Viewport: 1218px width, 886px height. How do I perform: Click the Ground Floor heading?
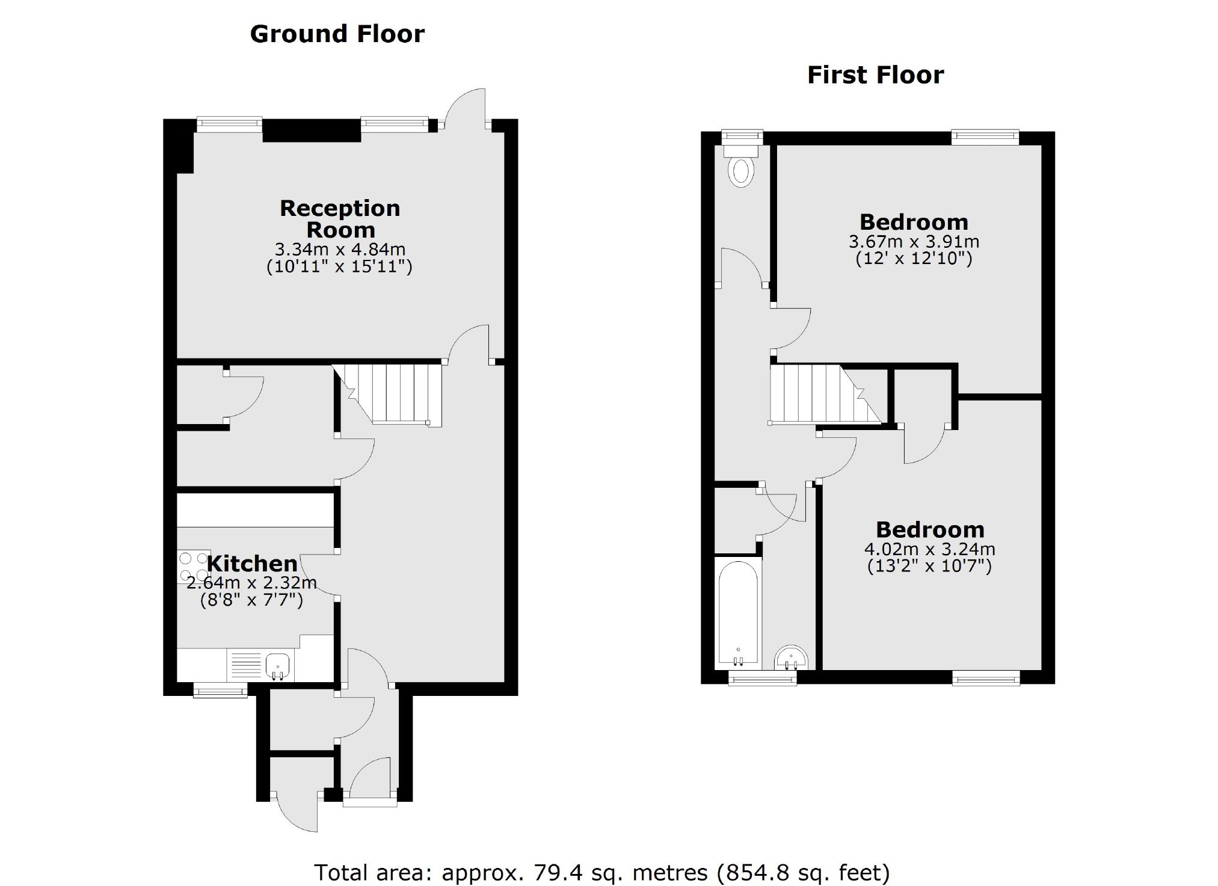(337, 34)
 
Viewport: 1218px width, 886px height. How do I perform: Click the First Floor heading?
(875, 76)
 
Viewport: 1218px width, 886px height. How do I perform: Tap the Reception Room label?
(340, 219)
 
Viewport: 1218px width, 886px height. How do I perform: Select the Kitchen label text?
(253, 564)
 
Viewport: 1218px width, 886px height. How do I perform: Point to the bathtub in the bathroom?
(738, 614)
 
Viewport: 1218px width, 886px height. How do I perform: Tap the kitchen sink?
(278, 665)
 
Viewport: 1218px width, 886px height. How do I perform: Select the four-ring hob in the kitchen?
(194, 566)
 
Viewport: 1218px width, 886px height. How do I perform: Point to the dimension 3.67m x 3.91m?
(914, 242)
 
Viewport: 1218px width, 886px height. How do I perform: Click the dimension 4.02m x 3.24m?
(929, 549)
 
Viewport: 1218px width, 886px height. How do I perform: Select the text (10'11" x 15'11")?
(340, 266)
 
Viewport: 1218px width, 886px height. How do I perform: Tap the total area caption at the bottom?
(601, 872)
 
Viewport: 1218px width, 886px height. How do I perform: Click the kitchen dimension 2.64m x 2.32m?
(251, 583)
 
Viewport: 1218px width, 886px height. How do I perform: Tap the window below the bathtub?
(762, 680)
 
